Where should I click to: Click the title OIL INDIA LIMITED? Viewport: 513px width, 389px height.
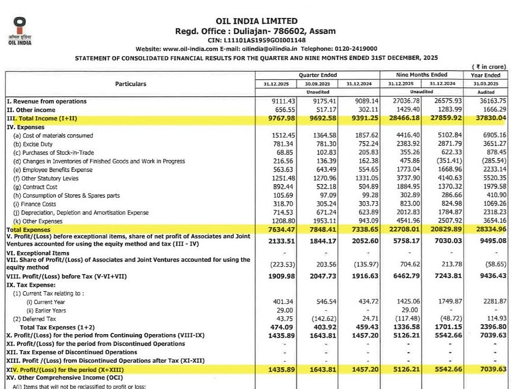click(256, 21)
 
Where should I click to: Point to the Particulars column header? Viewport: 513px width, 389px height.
click(131, 84)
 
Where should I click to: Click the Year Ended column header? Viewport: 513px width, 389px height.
click(485, 75)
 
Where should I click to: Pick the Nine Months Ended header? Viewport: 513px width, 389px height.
click(421, 75)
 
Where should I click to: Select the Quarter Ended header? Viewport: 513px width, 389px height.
click(317, 75)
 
